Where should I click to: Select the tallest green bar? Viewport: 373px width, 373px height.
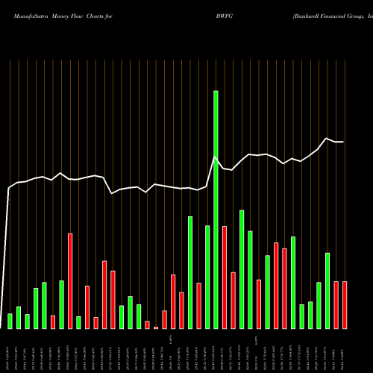tap(216, 209)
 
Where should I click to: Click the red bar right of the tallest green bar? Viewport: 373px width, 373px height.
tap(225, 277)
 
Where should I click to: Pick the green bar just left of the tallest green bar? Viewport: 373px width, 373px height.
tap(207, 277)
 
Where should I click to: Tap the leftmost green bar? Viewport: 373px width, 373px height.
tap(10, 322)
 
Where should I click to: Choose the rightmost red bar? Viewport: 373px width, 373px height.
tap(345, 305)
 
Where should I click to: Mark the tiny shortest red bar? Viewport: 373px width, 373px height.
tap(156, 327)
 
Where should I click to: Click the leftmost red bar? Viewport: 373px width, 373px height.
tap(53, 322)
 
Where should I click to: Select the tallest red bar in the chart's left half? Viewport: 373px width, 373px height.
tap(70, 281)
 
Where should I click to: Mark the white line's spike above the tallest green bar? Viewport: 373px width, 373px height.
tap(216, 157)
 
